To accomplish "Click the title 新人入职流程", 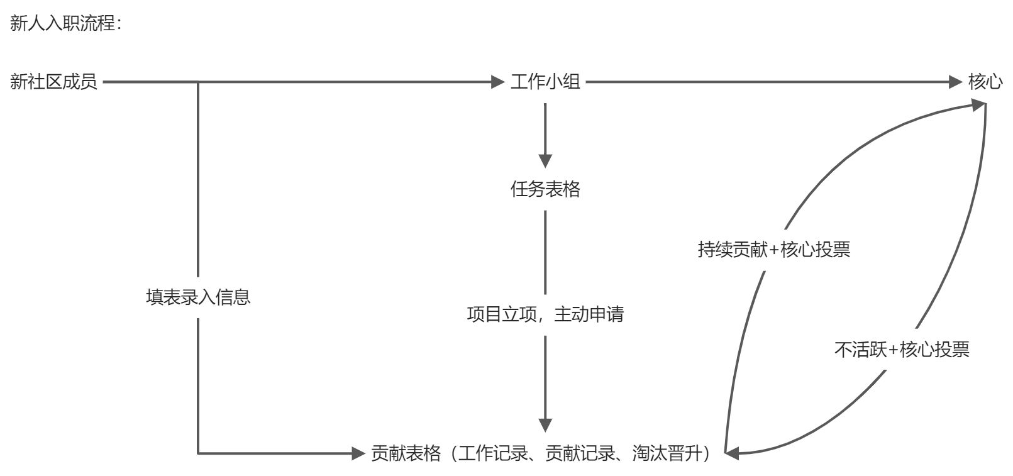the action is coord(64,24).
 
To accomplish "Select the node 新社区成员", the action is coord(53,82).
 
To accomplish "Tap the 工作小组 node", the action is coord(545,82).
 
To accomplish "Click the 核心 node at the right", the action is coord(985,82).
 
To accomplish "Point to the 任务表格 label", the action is coord(545,189).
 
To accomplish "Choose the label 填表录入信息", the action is coord(198,297).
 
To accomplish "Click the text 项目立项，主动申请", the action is coord(545,314).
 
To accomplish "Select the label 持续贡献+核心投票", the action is coord(773,250).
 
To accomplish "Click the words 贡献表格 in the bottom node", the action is coord(406,453).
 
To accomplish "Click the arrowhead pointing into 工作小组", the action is coord(498,82).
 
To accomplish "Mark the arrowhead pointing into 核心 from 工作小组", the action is coord(956,82).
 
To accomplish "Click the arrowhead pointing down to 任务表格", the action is coord(545,160).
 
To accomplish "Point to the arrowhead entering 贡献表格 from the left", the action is coord(358,453).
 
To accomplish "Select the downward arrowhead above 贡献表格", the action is coord(545,424).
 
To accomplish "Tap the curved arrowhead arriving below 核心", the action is coord(977,106).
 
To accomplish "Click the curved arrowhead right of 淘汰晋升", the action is coord(732,451).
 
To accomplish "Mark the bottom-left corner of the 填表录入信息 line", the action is coord(198,453).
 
